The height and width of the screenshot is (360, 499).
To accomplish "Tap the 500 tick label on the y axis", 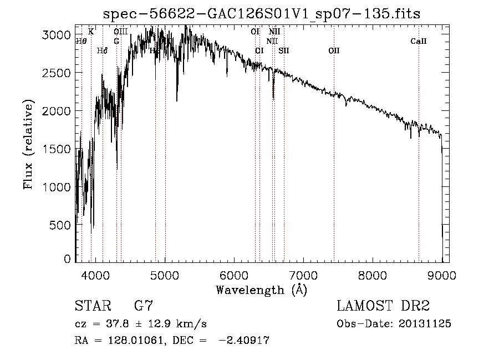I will point(61,225).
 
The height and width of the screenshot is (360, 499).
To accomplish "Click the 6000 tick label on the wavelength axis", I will point(233,275).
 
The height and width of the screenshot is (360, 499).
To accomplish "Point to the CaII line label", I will point(418,41).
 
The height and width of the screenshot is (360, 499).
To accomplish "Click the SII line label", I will point(284,50).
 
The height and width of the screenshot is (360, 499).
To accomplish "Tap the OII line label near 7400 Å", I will point(334,50).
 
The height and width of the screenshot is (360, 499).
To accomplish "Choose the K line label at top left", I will point(91,32).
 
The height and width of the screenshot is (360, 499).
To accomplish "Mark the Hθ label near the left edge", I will point(81,41).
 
